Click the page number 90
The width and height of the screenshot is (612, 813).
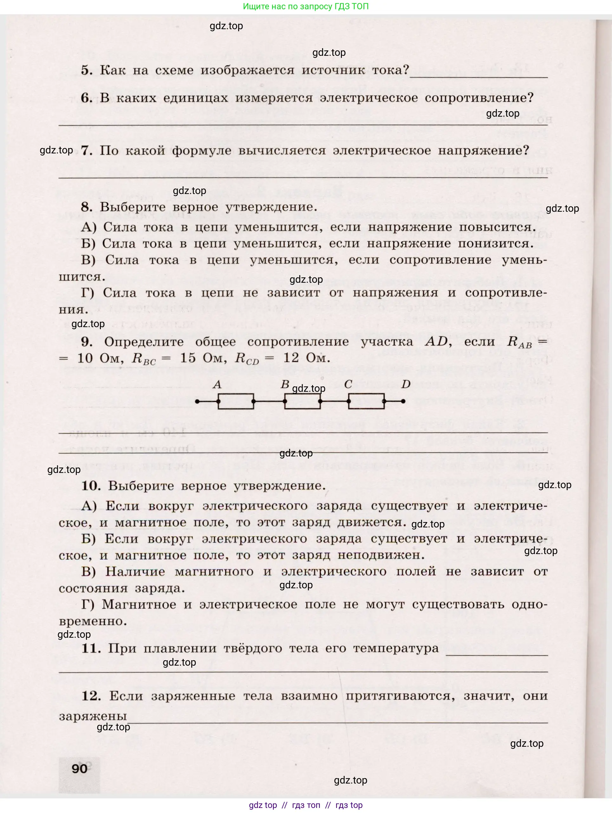click(80, 769)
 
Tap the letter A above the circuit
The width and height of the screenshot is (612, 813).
click(217, 384)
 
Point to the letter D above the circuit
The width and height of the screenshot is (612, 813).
click(406, 384)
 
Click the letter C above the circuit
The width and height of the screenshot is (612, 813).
click(348, 384)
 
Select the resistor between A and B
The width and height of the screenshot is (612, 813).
click(236, 401)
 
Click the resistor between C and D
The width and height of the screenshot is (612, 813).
click(366, 401)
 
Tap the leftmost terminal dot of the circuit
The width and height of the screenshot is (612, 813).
click(197, 401)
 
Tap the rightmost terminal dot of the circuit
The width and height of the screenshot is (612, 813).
click(403, 401)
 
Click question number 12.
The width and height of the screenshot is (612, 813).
click(91, 696)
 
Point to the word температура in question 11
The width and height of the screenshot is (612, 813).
click(396, 648)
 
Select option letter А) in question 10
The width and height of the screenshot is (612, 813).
click(89, 506)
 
